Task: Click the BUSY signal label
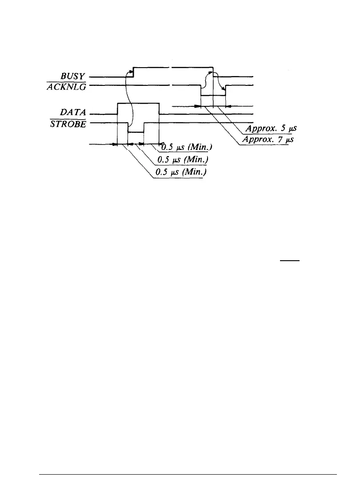point(75,77)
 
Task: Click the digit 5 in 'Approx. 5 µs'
point(278,130)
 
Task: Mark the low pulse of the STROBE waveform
point(136,132)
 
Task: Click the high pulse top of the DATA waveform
point(138,103)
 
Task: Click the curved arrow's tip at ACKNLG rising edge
point(224,89)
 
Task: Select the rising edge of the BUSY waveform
point(133,72)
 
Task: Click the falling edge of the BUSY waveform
point(213,72)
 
